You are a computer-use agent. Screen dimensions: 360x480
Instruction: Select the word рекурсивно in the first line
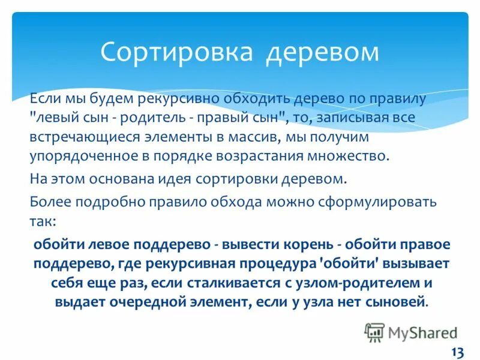coord(170,98)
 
